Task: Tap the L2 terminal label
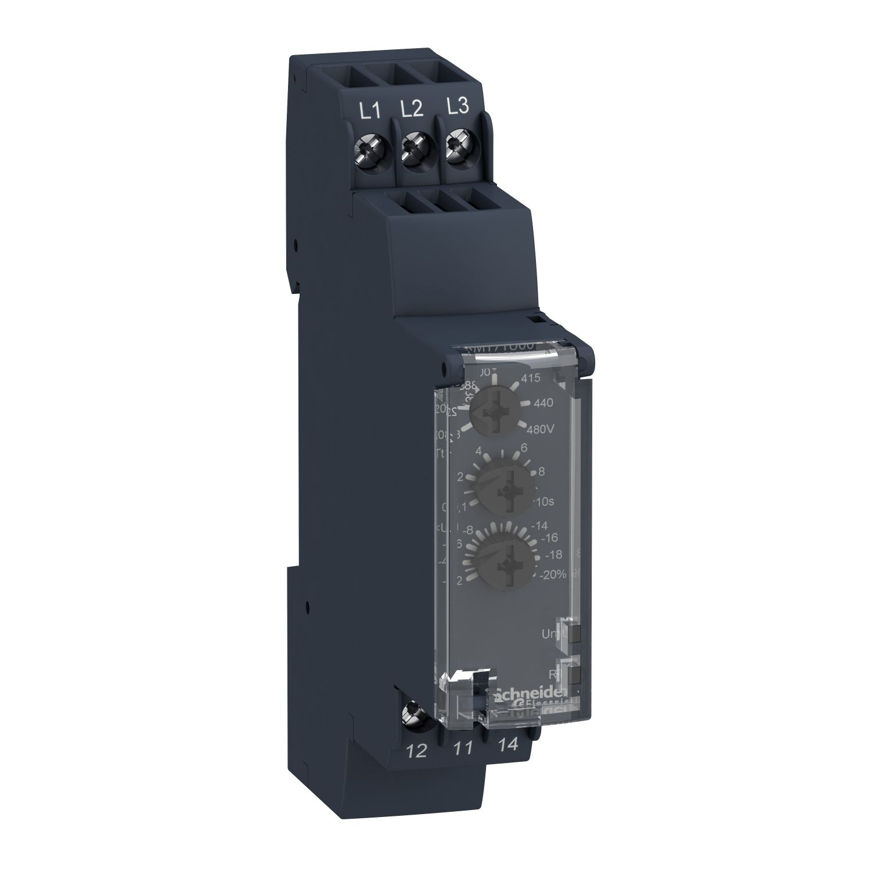412,109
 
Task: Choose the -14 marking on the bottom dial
541,526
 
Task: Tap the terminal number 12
417,750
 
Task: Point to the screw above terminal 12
416,710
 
